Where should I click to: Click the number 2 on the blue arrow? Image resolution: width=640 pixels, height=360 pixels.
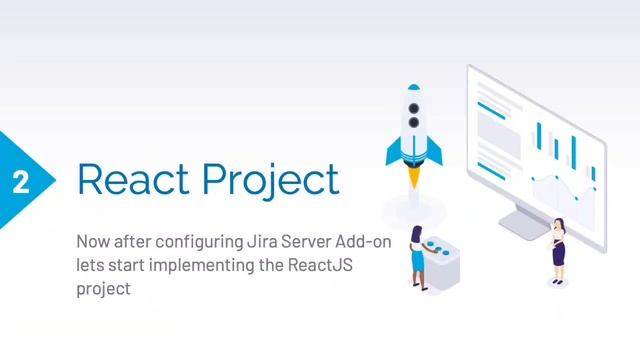coord(20,181)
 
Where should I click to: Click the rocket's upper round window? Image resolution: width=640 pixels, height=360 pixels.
coord(414,104)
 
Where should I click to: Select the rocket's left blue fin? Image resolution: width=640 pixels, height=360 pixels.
coord(393,151)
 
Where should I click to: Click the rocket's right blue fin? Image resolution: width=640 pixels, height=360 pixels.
coord(435,151)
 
